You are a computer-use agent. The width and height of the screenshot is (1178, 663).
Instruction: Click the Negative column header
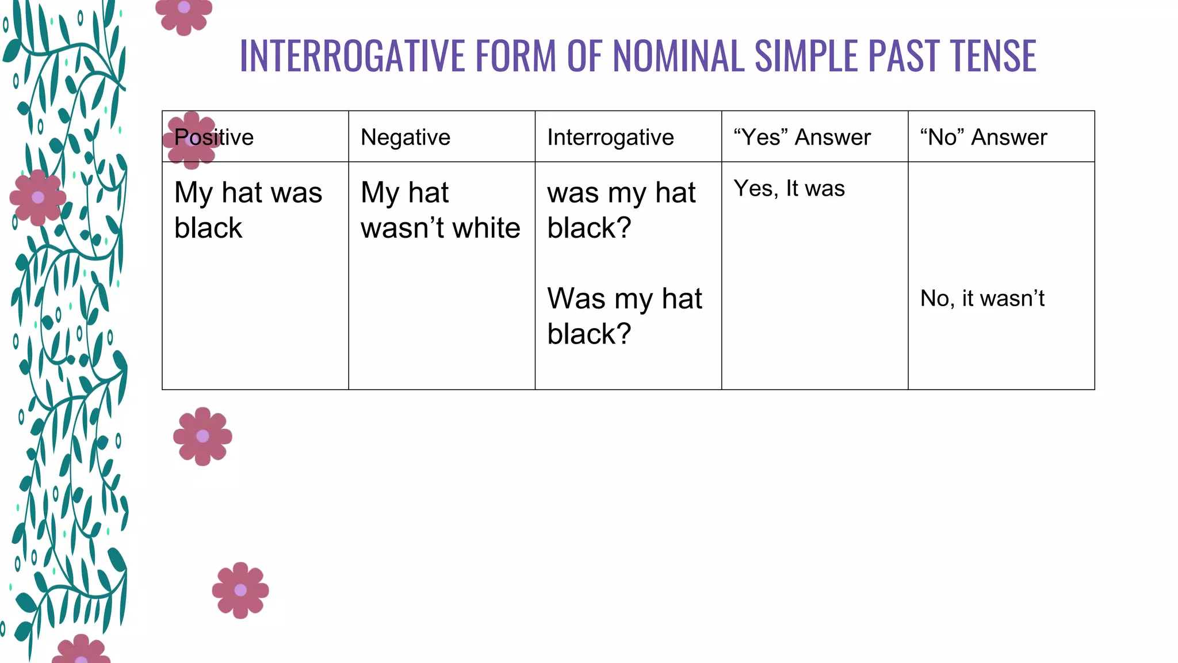pyautogui.click(x=405, y=138)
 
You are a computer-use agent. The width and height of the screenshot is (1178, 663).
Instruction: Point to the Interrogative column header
pyautogui.click(x=610, y=138)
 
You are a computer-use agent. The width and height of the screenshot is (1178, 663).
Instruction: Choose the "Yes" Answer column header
pyautogui.click(x=802, y=138)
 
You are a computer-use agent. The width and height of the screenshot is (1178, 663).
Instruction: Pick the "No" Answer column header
pyautogui.click(x=983, y=138)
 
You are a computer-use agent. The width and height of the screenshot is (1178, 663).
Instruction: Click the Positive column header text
pyautogui.click(x=214, y=138)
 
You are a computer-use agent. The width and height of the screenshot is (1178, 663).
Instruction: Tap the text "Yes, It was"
pyautogui.click(x=789, y=189)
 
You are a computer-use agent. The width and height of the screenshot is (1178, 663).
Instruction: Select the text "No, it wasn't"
pyautogui.click(x=982, y=299)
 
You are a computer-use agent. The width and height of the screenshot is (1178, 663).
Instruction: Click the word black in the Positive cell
pyautogui.click(x=208, y=228)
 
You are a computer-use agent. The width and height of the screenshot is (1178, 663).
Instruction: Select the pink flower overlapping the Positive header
pyautogui.click(x=191, y=140)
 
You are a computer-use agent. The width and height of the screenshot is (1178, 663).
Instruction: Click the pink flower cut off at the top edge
pyautogui.click(x=184, y=14)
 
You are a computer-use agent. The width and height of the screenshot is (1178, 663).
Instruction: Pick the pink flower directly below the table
pyautogui.click(x=202, y=436)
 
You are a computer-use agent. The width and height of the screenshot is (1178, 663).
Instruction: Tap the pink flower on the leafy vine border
pyautogui.click(x=38, y=197)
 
